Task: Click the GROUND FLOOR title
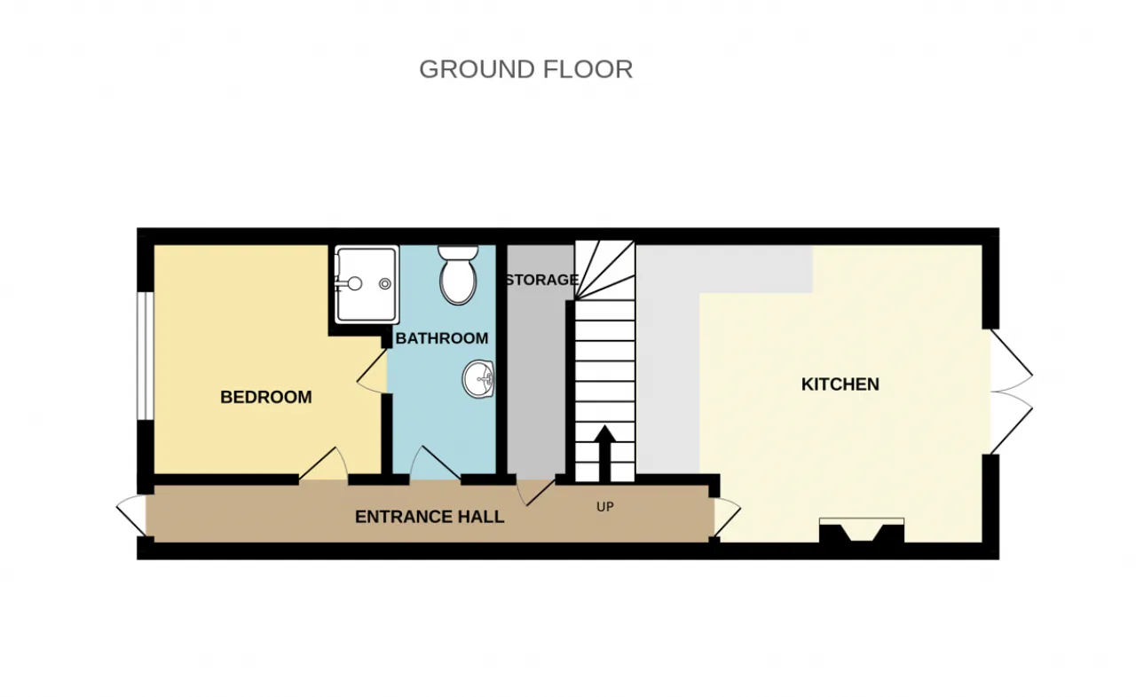[x=526, y=69]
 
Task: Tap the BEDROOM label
[x=266, y=397]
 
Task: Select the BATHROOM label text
[x=442, y=338]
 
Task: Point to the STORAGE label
[x=542, y=280]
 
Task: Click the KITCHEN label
[x=840, y=384]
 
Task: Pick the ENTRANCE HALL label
[x=430, y=517]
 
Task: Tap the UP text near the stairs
[x=605, y=507]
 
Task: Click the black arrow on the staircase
[x=604, y=454]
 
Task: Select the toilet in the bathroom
[x=458, y=274]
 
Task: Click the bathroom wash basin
[x=478, y=379]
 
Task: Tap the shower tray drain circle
[x=385, y=284]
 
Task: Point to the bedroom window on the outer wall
[x=146, y=355]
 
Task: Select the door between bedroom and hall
[x=323, y=463]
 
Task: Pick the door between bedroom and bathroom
[x=373, y=370]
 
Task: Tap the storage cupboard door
[x=535, y=493]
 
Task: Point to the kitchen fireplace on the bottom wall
[x=862, y=531]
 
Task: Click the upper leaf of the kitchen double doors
[x=1012, y=360]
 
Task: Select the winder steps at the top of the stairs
[x=605, y=270]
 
